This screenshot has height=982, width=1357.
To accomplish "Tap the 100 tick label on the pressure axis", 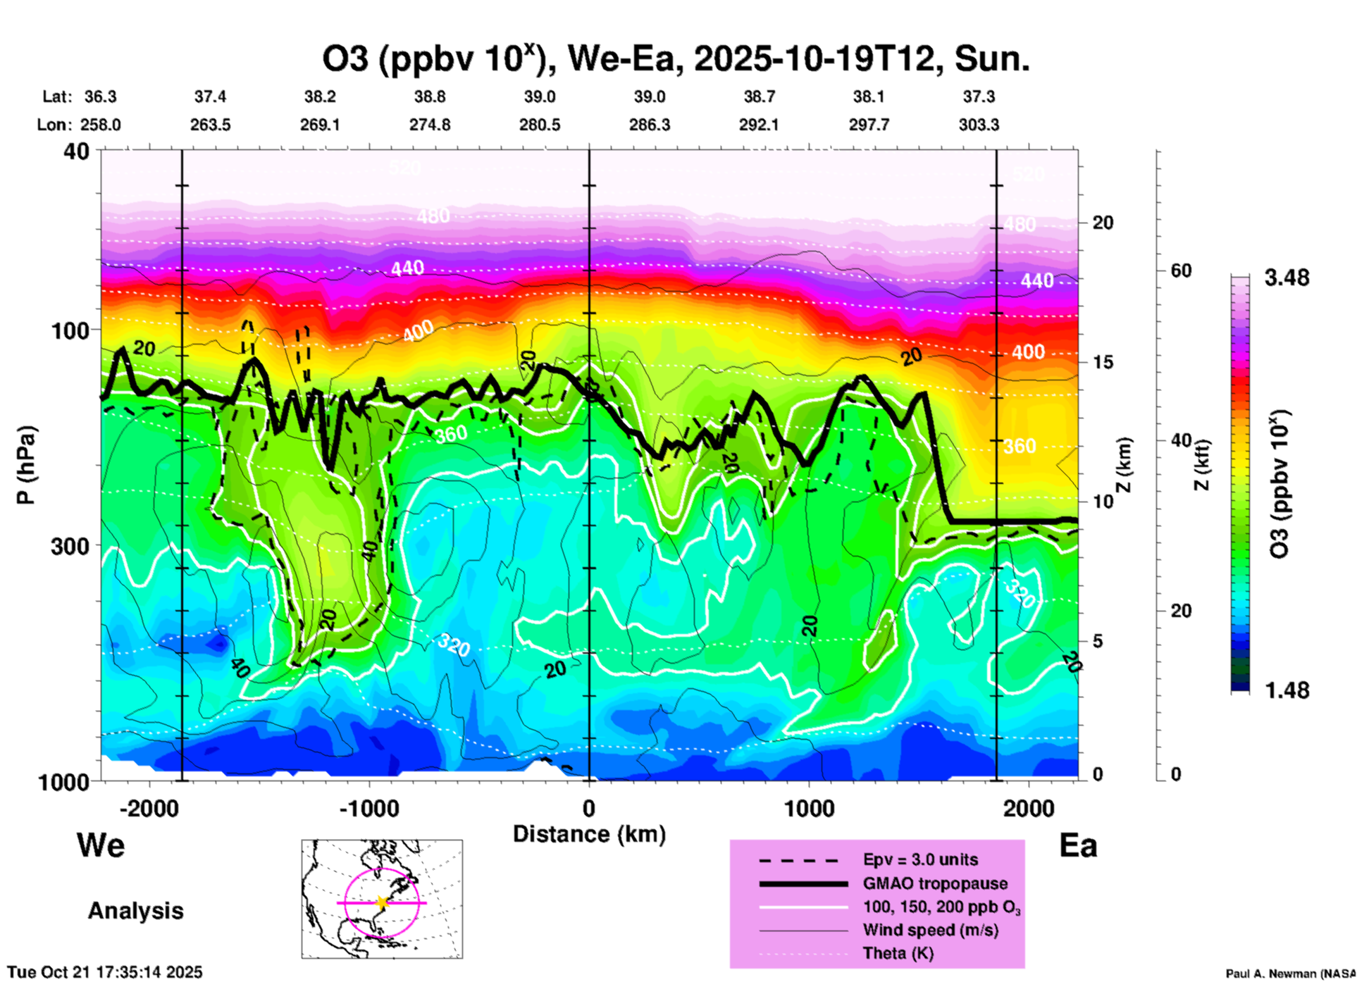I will (x=70, y=330).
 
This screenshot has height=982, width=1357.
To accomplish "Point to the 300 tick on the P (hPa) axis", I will (x=70, y=546).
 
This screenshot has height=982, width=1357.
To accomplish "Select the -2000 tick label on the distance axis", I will (x=149, y=809).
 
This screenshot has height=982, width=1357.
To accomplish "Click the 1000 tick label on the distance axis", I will (x=809, y=809).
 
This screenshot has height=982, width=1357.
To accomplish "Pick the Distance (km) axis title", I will (x=589, y=834).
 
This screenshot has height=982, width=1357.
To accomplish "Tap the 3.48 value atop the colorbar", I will (x=1287, y=278).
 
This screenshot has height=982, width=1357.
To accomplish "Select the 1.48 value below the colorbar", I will (x=1287, y=690).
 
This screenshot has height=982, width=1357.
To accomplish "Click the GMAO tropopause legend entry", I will (x=935, y=883).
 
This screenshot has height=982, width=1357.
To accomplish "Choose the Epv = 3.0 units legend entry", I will (x=920, y=859).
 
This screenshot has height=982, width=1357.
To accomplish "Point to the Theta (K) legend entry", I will (x=898, y=953).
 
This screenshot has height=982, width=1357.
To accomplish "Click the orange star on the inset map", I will (x=382, y=902).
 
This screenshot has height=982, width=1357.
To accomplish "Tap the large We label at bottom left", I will (x=101, y=845).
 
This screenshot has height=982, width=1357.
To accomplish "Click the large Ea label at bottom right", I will (x=1078, y=846).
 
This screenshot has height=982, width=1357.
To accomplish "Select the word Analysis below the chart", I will (x=135, y=911).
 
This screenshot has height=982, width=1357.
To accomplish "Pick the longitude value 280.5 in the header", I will (x=540, y=125).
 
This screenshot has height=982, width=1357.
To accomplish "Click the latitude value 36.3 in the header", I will (x=101, y=97).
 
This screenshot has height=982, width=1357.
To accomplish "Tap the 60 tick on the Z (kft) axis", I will (x=1181, y=271).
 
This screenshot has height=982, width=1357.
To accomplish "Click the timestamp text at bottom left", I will (x=105, y=972).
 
